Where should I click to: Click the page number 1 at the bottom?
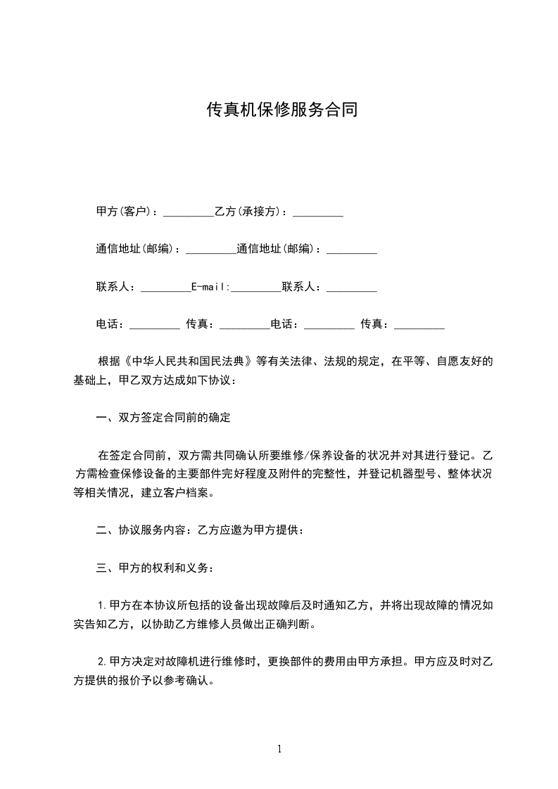pos(279,749)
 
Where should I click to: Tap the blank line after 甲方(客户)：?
pos(188,212)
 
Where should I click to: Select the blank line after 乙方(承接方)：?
pos(317,212)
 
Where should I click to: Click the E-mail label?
pos(210,287)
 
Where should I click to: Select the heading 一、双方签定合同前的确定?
pos(163,417)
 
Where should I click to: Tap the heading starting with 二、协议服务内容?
pos(201,530)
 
